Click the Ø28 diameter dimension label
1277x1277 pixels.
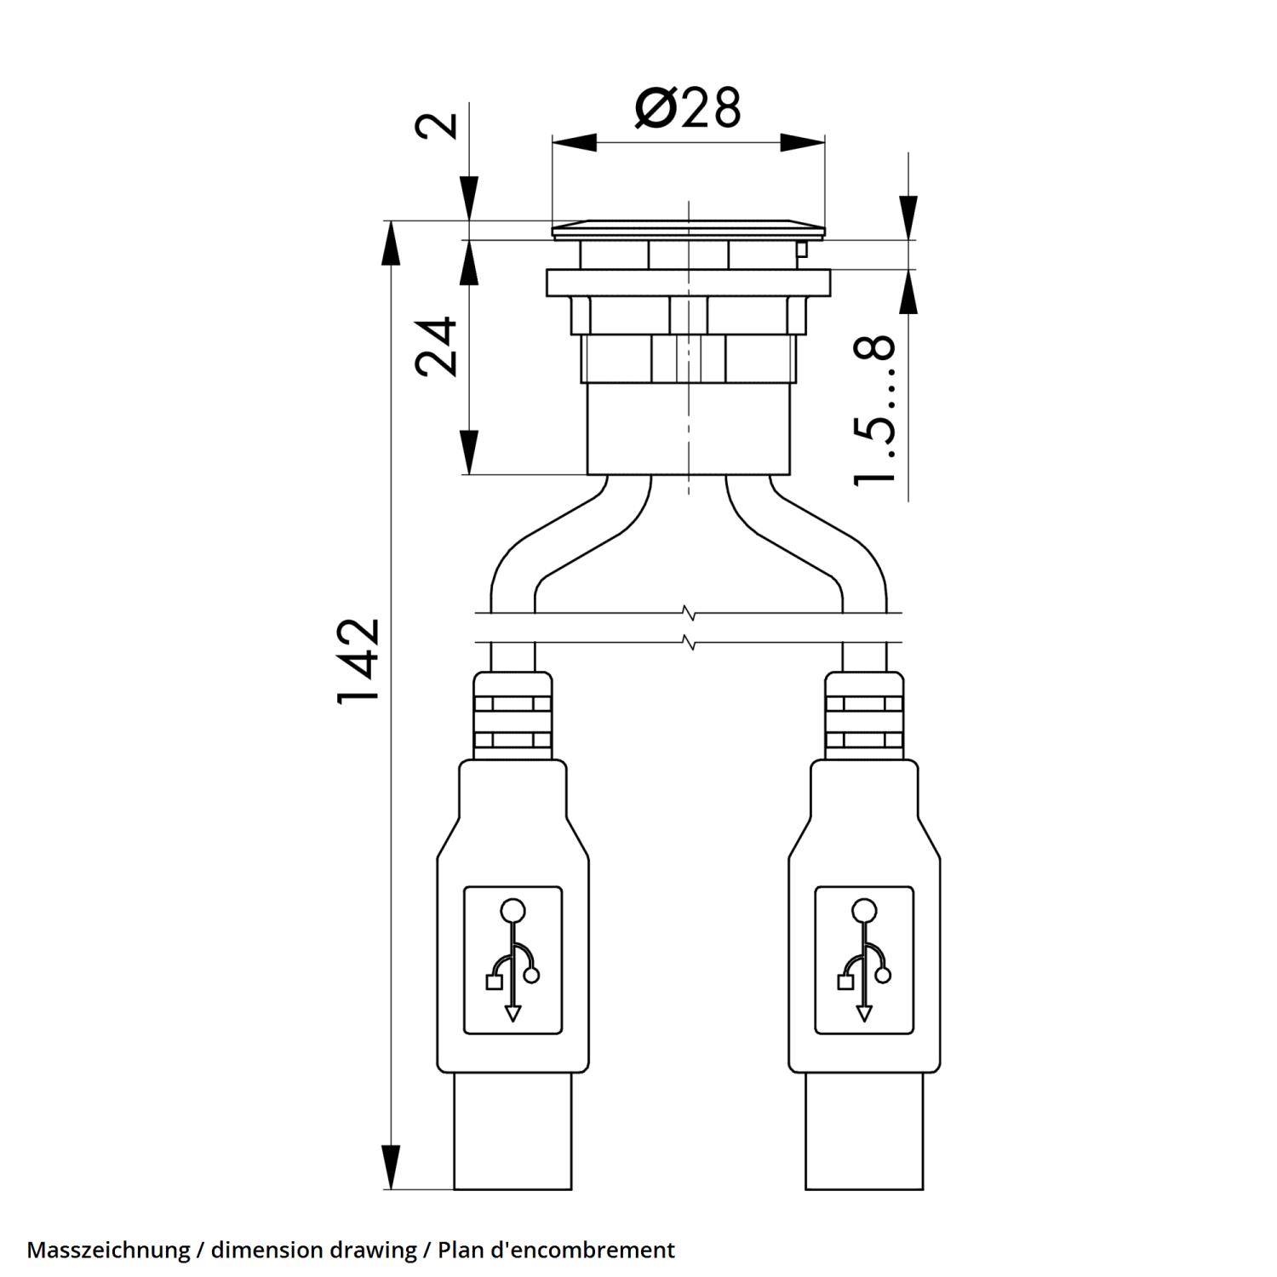688,108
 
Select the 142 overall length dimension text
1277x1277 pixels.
358,661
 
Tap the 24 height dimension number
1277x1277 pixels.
437,346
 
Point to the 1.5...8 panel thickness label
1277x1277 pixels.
875,410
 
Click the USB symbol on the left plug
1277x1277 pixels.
513,959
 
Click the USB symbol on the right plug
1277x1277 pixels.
864,959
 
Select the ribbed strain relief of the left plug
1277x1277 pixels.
513,716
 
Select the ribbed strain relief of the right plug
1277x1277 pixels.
864,716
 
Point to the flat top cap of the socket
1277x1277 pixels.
689,230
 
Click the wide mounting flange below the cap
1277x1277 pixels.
689,282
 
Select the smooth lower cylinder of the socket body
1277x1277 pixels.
689,430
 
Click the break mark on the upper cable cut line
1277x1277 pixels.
689,612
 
